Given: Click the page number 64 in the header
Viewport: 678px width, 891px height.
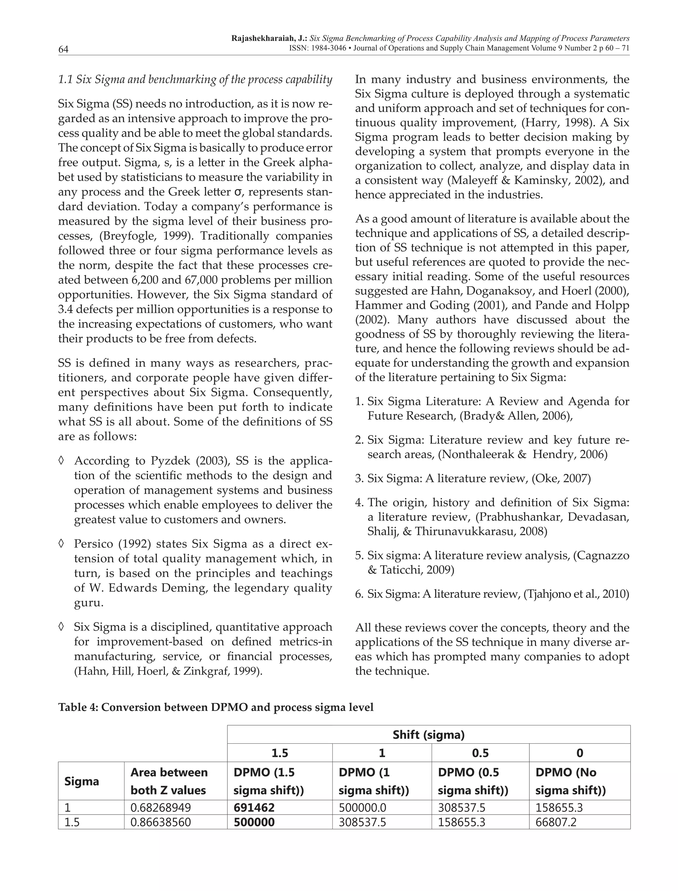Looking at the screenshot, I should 63,49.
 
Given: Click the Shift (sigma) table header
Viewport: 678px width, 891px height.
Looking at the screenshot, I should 429,735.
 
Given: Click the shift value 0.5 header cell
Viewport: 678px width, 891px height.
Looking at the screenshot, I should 480,753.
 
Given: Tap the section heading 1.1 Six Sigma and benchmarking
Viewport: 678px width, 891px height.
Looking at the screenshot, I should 195,79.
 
